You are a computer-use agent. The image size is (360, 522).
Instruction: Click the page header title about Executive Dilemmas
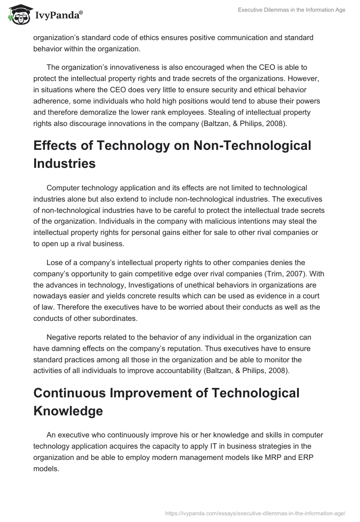point(292,10)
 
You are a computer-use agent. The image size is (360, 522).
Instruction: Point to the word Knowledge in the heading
point(69,410)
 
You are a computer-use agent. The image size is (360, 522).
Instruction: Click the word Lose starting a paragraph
point(55,262)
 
